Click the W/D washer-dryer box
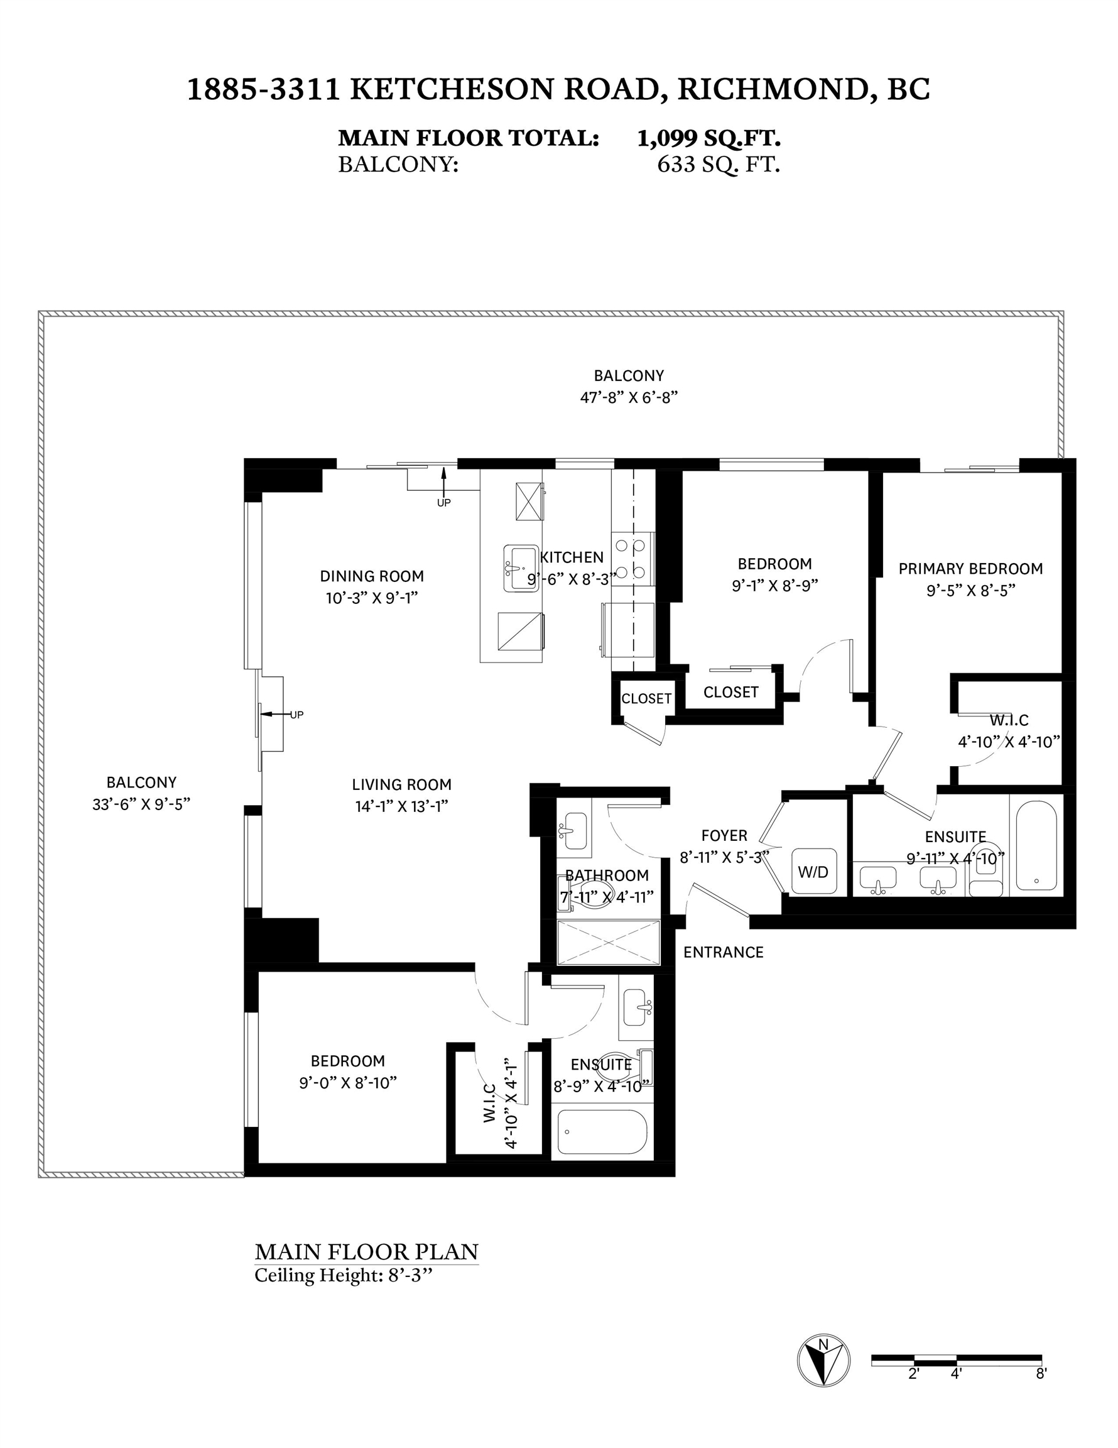813,871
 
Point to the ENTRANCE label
723,953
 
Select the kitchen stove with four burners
632,559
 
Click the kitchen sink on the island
521,568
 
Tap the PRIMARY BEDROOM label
970,569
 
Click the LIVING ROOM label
401,785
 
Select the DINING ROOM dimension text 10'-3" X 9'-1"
372,598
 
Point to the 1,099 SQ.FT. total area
708,138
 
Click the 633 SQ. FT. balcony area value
719,165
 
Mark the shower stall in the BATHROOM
609,942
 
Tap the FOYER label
724,835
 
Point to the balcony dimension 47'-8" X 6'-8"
629,398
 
